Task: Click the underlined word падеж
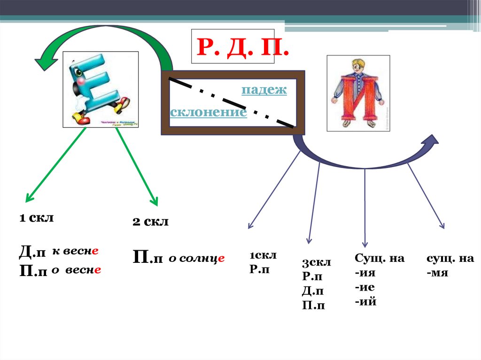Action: point(264,90)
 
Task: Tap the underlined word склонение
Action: point(209,113)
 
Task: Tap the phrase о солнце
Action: point(197,258)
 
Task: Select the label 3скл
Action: point(317,262)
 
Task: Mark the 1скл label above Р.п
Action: point(263,255)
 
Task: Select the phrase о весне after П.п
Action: point(77,271)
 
